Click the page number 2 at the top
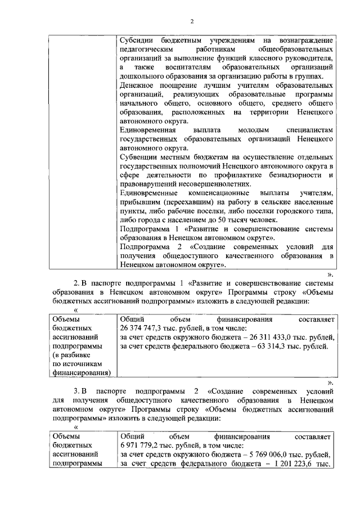click(x=191, y=22)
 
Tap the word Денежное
click(x=138, y=85)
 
